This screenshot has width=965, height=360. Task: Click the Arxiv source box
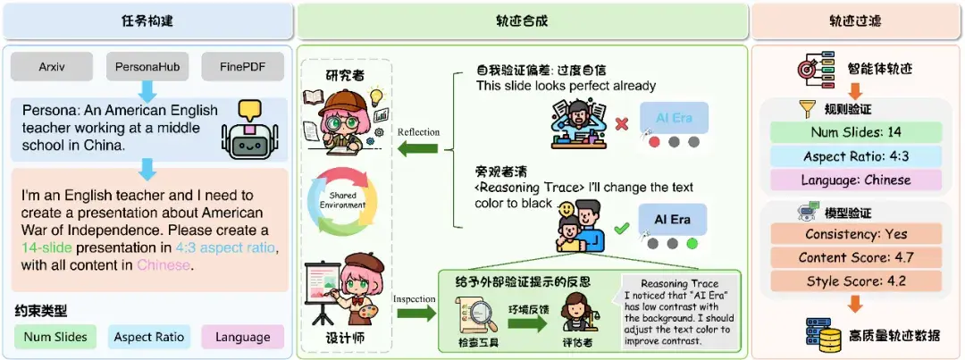pos(53,66)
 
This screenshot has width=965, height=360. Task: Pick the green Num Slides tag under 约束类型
pos(56,337)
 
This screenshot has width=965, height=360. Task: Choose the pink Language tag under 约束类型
pos(242,337)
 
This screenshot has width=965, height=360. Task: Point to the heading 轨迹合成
pos(523,20)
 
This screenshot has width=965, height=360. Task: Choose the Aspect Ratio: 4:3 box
pos(855,157)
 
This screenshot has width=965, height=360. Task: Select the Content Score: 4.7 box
pos(855,257)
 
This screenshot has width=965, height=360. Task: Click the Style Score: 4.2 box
pos(855,280)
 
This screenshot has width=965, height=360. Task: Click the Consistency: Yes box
pos(855,234)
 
